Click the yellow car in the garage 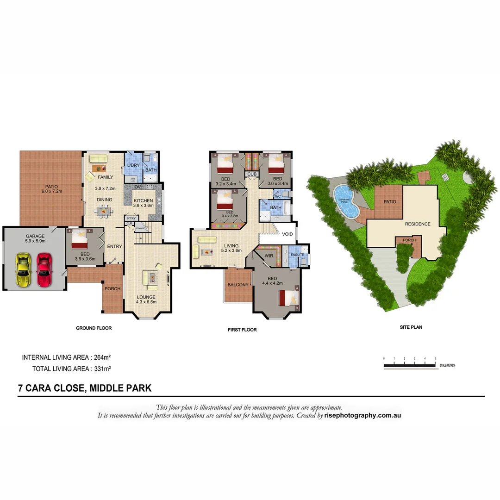pos(22,270)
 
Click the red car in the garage pos(44,270)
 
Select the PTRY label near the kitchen pos(131,218)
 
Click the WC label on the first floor pos(278,196)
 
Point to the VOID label pos(287,234)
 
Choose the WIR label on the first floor pos(269,256)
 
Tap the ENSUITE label pos(297,255)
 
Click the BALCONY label pos(238,285)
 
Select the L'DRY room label pos(133,165)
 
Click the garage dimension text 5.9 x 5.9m pos(35,241)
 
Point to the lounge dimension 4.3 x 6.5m pos(146,302)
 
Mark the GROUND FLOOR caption pos(94,328)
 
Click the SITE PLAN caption pos(411,327)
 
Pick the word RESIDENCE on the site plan pos(418,224)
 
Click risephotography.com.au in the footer pos(362,415)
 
